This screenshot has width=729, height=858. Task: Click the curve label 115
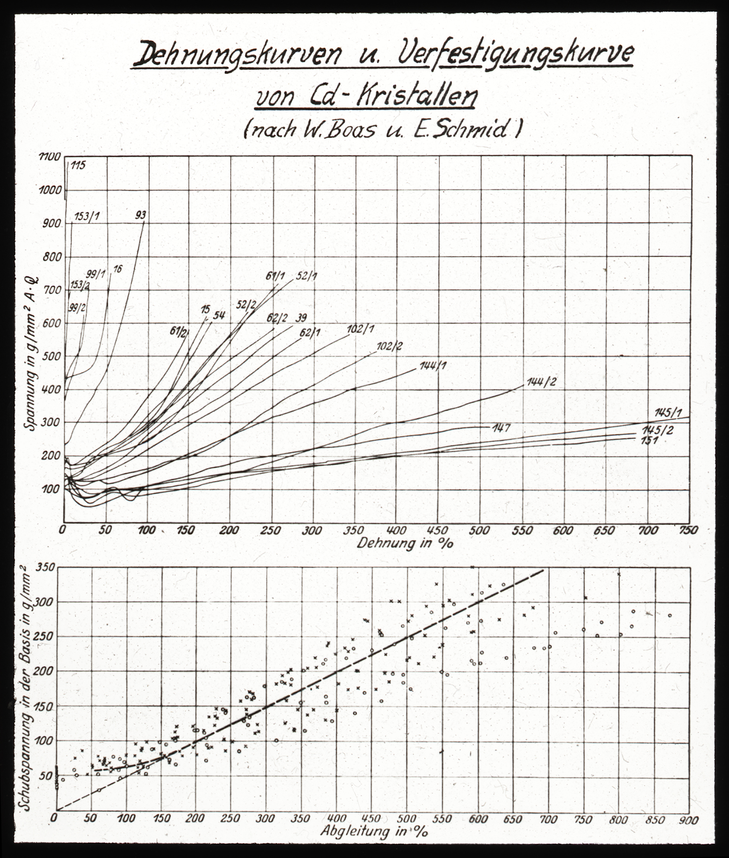pyautogui.click(x=78, y=165)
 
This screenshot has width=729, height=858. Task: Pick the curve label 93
pyautogui.click(x=141, y=215)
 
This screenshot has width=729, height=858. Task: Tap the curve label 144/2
pyautogui.click(x=541, y=382)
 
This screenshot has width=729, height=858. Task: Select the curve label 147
pyautogui.click(x=502, y=428)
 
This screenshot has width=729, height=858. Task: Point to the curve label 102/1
pyautogui.click(x=361, y=329)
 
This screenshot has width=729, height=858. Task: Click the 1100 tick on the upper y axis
pyautogui.click(x=50, y=157)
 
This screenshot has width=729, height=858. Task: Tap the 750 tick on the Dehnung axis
pyautogui.click(x=688, y=530)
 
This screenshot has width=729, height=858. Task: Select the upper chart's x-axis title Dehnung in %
pyautogui.click(x=405, y=543)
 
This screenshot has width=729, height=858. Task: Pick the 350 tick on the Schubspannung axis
pyautogui.click(x=47, y=568)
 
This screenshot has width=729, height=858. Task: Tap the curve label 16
pyautogui.click(x=118, y=269)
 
